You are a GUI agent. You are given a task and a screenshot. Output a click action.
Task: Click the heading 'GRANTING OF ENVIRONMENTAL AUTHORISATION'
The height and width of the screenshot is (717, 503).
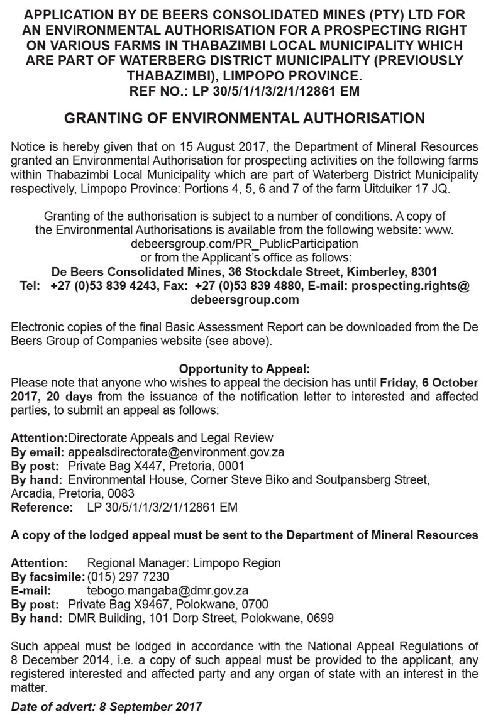click(x=245, y=118)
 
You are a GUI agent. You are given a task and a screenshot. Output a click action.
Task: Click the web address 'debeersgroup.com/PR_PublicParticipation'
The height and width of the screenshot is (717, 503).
click(x=245, y=243)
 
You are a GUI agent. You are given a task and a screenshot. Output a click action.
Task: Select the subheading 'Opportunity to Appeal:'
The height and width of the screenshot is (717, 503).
click(x=245, y=369)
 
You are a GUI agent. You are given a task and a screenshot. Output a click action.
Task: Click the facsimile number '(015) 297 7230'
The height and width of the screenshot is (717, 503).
click(x=128, y=577)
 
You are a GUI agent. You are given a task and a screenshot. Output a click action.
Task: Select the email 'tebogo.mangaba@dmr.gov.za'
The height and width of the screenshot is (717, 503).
click(x=167, y=591)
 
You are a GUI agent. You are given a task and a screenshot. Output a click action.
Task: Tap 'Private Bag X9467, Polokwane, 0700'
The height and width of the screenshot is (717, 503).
click(x=168, y=605)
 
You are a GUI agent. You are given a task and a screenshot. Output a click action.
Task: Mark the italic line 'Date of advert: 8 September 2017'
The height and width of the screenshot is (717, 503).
click(x=107, y=706)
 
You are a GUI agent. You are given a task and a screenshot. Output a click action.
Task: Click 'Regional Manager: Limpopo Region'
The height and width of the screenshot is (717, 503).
click(x=184, y=563)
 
